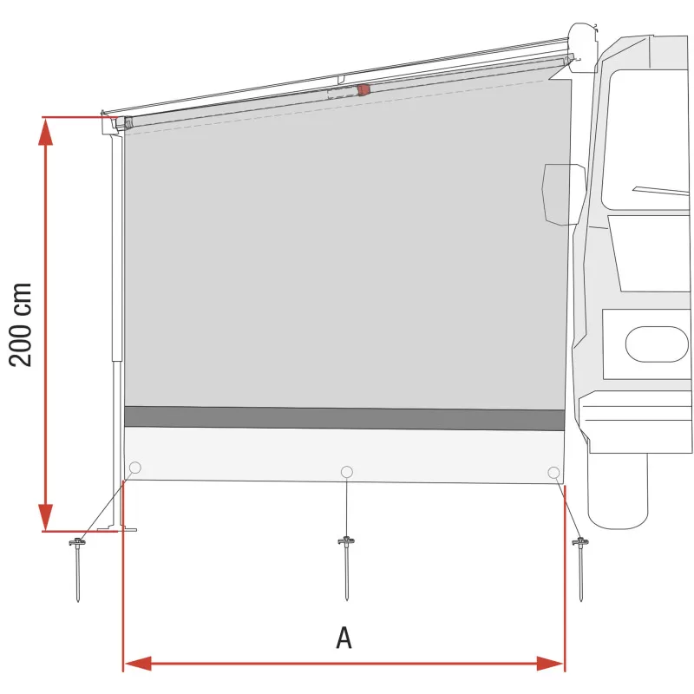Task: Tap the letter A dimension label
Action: [x=344, y=638]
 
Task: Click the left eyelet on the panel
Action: [x=134, y=468]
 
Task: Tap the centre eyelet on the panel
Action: [x=347, y=471]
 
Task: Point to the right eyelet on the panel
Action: [x=553, y=472]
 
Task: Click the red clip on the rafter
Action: [x=363, y=88]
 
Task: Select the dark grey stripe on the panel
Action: [x=344, y=418]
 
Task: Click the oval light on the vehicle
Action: [x=657, y=344]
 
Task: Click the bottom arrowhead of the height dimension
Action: [x=46, y=519]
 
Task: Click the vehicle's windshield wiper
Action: [x=659, y=190]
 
